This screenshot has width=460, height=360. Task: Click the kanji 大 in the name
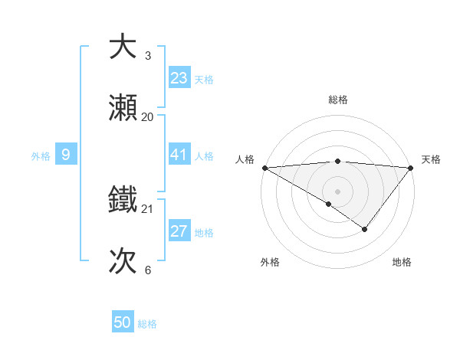tap(123, 47)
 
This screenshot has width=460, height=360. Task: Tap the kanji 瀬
tap(123, 109)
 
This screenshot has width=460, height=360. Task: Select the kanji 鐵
tap(123, 200)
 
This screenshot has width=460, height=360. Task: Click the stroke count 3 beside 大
tap(148, 56)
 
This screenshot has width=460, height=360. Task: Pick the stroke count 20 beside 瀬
tap(148, 117)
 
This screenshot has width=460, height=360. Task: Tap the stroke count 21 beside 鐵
tap(148, 208)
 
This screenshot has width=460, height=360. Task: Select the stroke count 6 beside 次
tap(148, 270)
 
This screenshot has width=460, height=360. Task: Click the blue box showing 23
tap(179, 78)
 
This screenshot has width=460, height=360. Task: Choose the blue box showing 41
tap(179, 155)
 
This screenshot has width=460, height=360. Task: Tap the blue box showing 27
tap(179, 231)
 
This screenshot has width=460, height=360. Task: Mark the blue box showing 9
tap(66, 155)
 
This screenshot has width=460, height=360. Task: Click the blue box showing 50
tap(123, 322)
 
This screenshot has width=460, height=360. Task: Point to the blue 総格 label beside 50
tap(147, 324)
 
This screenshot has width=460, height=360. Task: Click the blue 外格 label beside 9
tap(41, 156)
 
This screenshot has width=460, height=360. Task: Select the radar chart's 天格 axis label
tap(431, 159)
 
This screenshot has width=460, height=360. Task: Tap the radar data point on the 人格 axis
tap(264, 167)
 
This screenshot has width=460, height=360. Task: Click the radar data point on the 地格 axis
tap(365, 229)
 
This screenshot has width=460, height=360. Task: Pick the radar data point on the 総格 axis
tap(337, 161)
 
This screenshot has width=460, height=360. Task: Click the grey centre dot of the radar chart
tap(337, 191)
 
